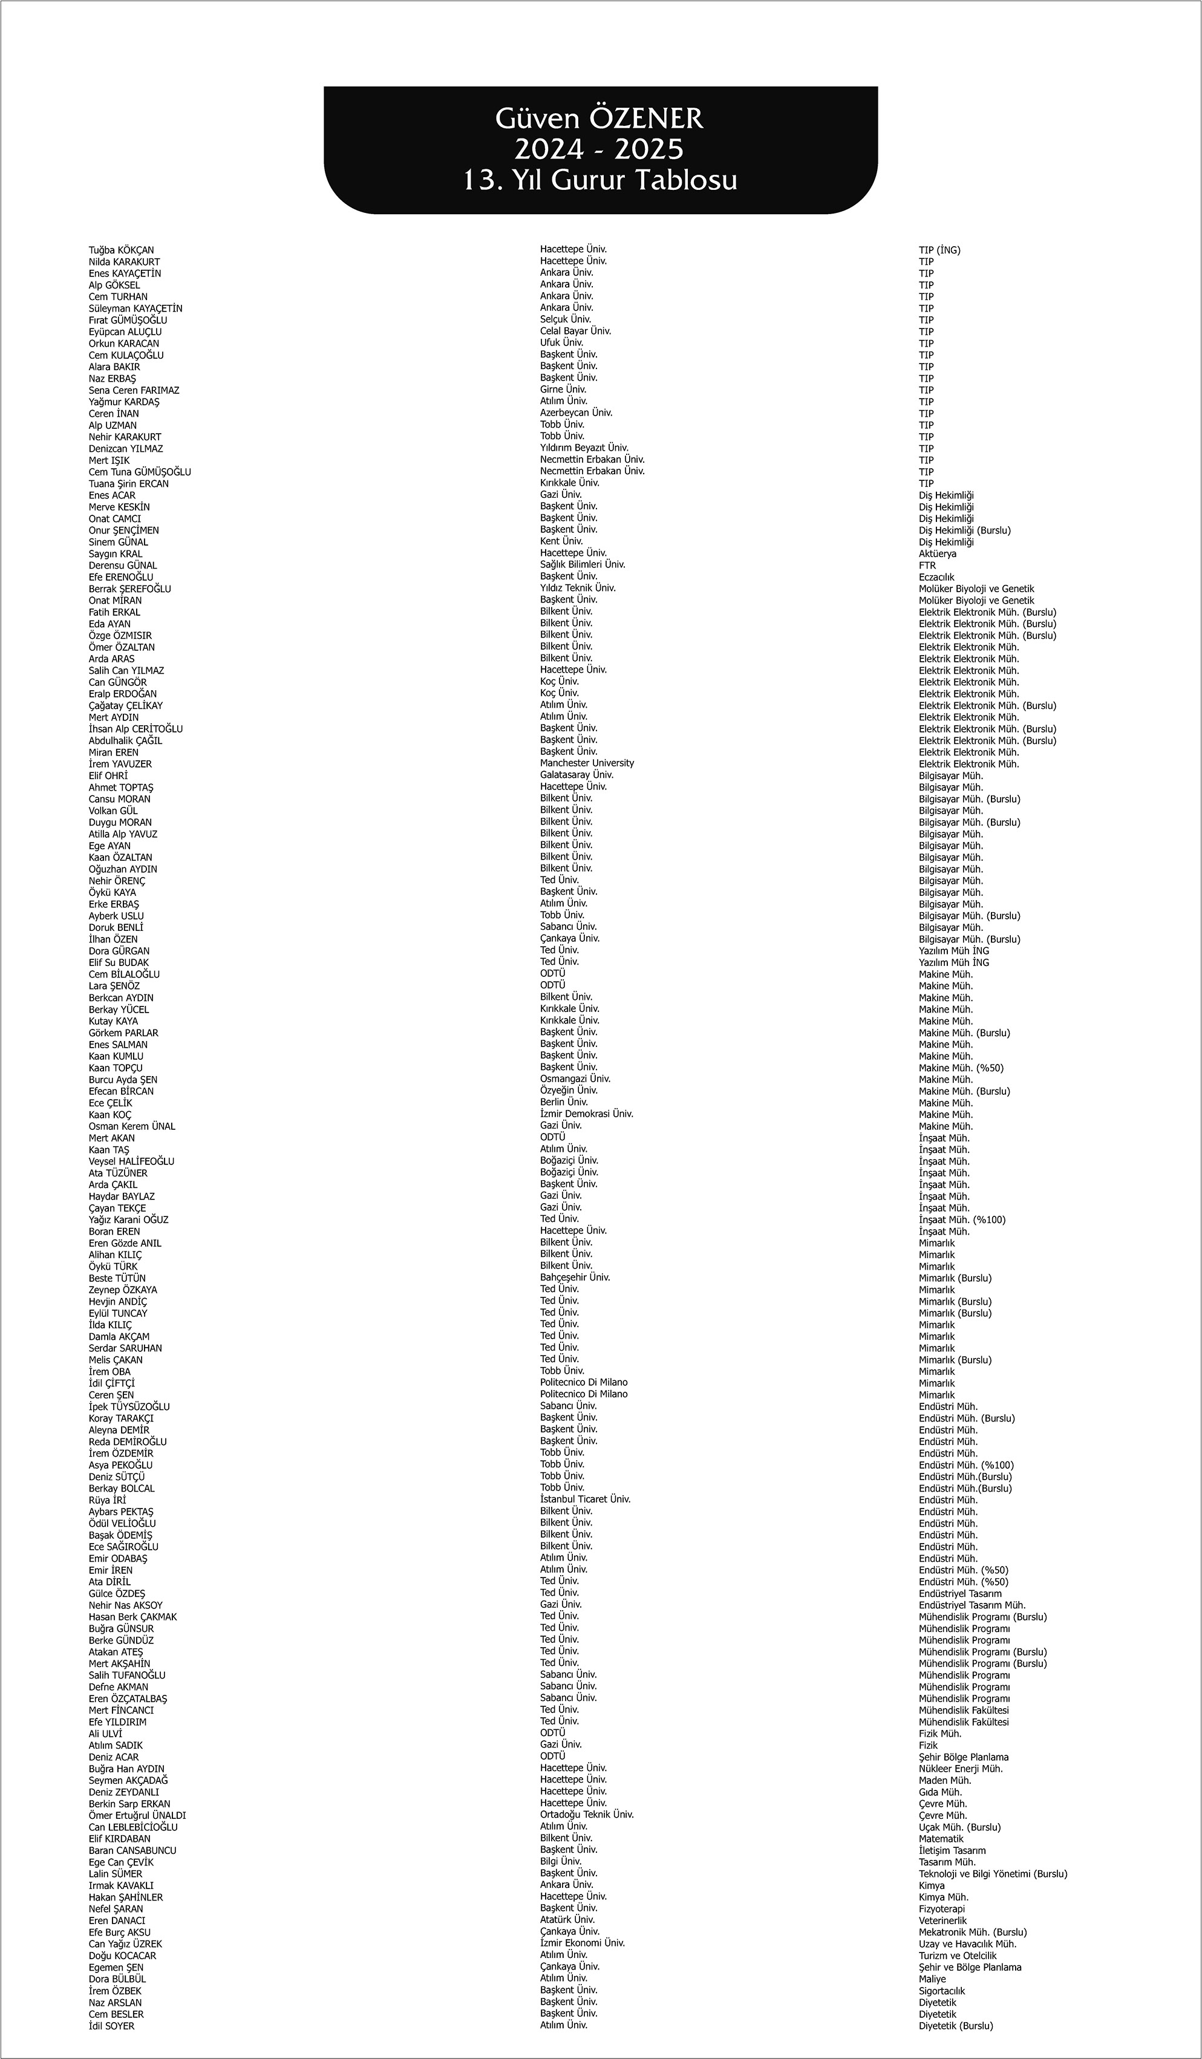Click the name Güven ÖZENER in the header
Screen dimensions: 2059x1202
(x=599, y=119)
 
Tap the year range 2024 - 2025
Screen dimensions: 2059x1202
(x=599, y=149)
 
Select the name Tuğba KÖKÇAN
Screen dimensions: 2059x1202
(x=121, y=250)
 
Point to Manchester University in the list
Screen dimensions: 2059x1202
(x=587, y=763)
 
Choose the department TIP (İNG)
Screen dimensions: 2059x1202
(x=939, y=250)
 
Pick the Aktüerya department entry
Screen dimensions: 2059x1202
(x=937, y=554)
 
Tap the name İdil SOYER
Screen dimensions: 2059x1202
(x=112, y=2026)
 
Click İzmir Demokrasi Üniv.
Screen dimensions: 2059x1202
(x=587, y=1114)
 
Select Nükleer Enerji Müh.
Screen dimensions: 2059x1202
(x=960, y=1769)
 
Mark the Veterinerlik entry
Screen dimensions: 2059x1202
(x=942, y=1921)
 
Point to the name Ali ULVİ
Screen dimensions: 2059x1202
(x=105, y=1734)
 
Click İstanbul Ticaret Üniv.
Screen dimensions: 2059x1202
(x=585, y=1499)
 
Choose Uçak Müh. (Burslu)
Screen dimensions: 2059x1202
(x=959, y=1827)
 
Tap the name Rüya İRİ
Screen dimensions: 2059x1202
(x=107, y=1500)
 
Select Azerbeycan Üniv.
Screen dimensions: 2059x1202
(x=576, y=413)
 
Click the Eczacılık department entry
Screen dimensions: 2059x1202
(x=936, y=577)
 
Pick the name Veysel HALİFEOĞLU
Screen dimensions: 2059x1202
(x=131, y=1161)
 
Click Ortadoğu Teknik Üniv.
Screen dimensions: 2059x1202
(x=587, y=1814)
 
